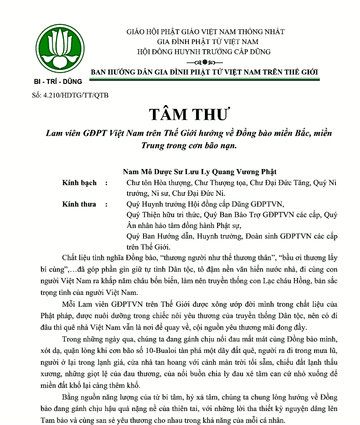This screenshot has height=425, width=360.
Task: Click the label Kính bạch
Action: click(79, 183)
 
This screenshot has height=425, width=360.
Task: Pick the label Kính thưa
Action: click(79, 204)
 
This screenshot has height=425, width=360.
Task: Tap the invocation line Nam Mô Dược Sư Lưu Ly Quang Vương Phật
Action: click(199, 172)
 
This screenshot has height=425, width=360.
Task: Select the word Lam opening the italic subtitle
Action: click(54, 133)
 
